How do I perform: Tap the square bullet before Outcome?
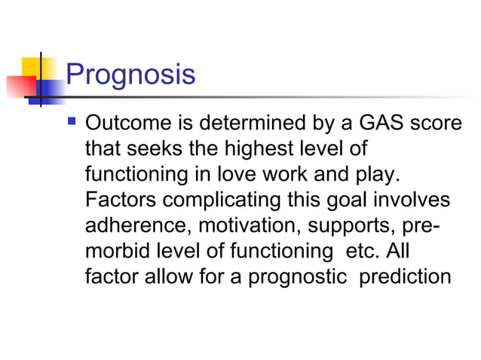pos(73,120)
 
